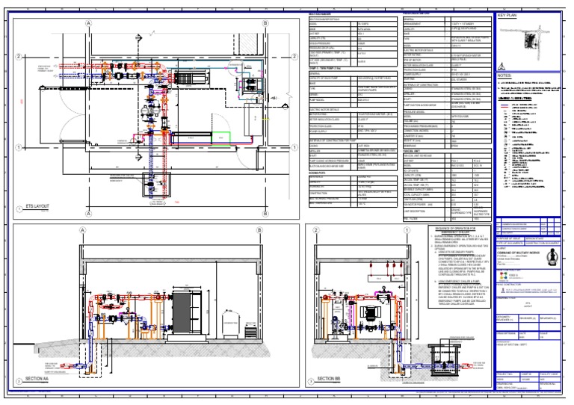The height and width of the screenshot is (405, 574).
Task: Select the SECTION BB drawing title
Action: [x=329, y=379]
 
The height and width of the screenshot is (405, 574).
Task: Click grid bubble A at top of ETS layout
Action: [x=89, y=23]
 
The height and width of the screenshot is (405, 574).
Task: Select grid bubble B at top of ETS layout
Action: [x=265, y=23]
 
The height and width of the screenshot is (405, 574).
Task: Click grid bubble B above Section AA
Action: [x=259, y=231]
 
